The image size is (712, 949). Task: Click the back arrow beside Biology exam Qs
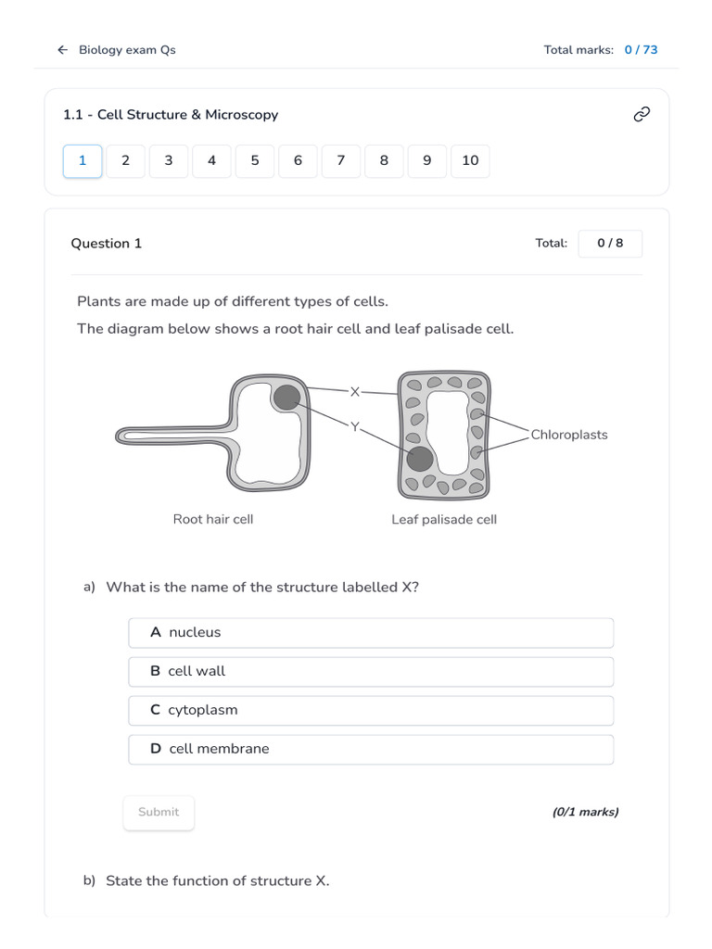pyautogui.click(x=62, y=50)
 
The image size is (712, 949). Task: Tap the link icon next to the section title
pyautogui.click(x=641, y=114)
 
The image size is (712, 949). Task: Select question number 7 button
pyautogui.click(x=341, y=161)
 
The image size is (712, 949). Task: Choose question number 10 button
pyautogui.click(x=470, y=161)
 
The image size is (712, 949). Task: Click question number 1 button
pyautogui.click(x=83, y=161)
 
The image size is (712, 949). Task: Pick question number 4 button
pyautogui.click(x=211, y=161)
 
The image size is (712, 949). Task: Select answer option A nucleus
pyautogui.click(x=371, y=633)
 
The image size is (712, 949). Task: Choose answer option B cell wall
pyautogui.click(x=371, y=672)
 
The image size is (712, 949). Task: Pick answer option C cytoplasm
pyautogui.click(x=371, y=711)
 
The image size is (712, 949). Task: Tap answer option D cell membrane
pyautogui.click(x=371, y=750)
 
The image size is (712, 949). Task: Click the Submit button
pyautogui.click(x=159, y=813)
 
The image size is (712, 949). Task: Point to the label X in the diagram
pyautogui.click(x=354, y=392)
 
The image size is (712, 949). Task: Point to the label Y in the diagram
pyautogui.click(x=354, y=426)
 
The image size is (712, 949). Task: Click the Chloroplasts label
pyautogui.click(x=568, y=435)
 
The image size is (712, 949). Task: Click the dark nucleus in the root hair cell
pyautogui.click(x=287, y=398)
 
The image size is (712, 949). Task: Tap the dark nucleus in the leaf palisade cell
pyautogui.click(x=420, y=459)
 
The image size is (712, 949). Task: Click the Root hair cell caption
pyautogui.click(x=212, y=520)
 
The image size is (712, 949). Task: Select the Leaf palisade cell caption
pyautogui.click(x=444, y=520)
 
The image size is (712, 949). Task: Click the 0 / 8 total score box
pyautogui.click(x=610, y=244)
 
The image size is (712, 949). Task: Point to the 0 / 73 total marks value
pyautogui.click(x=641, y=50)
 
